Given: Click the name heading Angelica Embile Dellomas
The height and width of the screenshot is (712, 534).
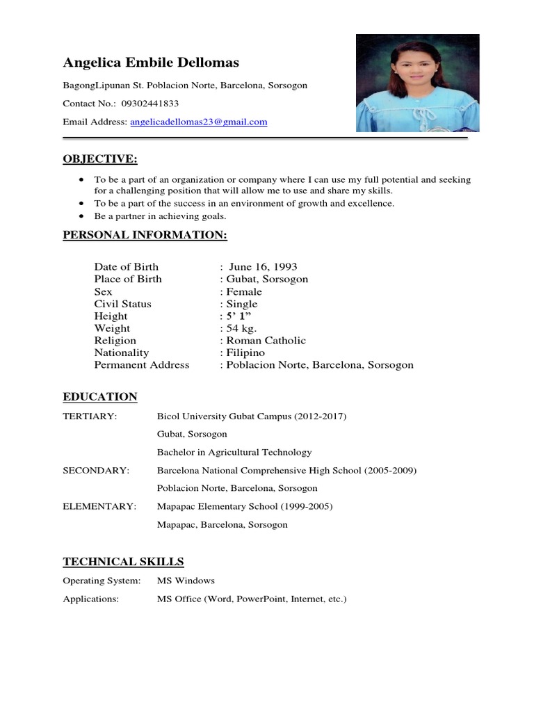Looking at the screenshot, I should click(x=151, y=63).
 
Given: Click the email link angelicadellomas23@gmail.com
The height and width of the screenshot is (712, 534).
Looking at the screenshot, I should click(x=199, y=122).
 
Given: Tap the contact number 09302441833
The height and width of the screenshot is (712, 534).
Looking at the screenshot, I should click(x=149, y=104).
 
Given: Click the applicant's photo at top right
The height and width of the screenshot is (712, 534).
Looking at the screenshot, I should click(x=417, y=83).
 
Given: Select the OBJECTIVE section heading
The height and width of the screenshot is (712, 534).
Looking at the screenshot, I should click(x=100, y=159).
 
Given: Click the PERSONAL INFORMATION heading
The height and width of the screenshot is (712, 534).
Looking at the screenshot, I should click(x=145, y=235).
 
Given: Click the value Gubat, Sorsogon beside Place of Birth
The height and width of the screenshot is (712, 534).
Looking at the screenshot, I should click(x=266, y=279).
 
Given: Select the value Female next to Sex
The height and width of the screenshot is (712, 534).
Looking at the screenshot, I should click(x=244, y=291).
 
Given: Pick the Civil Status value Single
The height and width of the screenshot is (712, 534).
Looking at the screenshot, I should click(x=241, y=304).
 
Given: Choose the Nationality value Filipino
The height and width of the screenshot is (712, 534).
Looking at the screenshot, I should click(x=245, y=353).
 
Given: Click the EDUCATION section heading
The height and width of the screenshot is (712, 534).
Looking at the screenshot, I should click(x=100, y=397).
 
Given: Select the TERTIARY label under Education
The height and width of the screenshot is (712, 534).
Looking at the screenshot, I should click(x=90, y=416).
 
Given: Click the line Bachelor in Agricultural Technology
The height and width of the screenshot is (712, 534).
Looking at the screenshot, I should click(x=234, y=453).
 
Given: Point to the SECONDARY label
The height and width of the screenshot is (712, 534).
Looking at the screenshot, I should click(x=96, y=471).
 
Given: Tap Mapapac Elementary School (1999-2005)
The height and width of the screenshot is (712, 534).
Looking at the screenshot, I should click(x=245, y=507).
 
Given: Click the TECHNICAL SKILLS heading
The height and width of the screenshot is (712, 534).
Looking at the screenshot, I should click(x=123, y=562).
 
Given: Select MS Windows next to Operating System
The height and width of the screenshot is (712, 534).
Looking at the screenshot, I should click(x=186, y=581).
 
